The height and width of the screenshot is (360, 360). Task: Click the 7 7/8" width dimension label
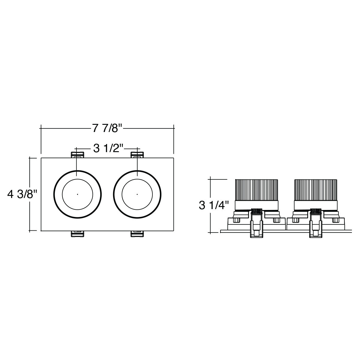pyautogui.click(x=107, y=128)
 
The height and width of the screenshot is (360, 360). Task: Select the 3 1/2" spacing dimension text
pyautogui.click(x=108, y=149)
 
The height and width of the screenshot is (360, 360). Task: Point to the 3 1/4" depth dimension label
pyautogui.click(x=214, y=205)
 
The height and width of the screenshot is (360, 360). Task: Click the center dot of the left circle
pyautogui.click(x=77, y=194)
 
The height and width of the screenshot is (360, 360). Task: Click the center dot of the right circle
pyautogui.click(x=137, y=194)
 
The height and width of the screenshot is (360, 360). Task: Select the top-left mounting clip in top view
pyautogui.click(x=77, y=155)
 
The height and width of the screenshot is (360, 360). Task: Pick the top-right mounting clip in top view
pyautogui.click(x=137, y=155)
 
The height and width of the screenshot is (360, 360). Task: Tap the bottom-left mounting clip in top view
pyautogui.click(x=77, y=234)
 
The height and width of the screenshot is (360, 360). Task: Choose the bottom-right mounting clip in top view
pyautogui.click(x=137, y=234)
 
